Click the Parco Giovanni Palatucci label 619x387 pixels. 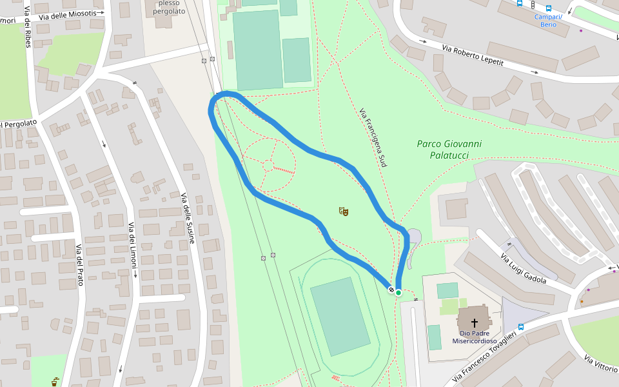[x=449, y=149]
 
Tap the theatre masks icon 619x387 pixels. [x=344, y=211]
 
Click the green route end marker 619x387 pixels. [x=398, y=293]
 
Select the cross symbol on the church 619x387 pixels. [x=475, y=322]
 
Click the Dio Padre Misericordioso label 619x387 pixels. [x=475, y=337]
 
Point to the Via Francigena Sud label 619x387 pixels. [x=373, y=138]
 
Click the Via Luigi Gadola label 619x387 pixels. [x=524, y=268]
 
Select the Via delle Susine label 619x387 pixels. [x=188, y=219]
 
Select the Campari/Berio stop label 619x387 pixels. [x=548, y=21]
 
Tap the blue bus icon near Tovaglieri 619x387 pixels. [x=521, y=326]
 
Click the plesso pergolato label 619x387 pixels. [x=170, y=7]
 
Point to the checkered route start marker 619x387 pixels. [x=391, y=290]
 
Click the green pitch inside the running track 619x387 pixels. [x=340, y=316]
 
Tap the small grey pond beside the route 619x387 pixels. [x=413, y=238]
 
